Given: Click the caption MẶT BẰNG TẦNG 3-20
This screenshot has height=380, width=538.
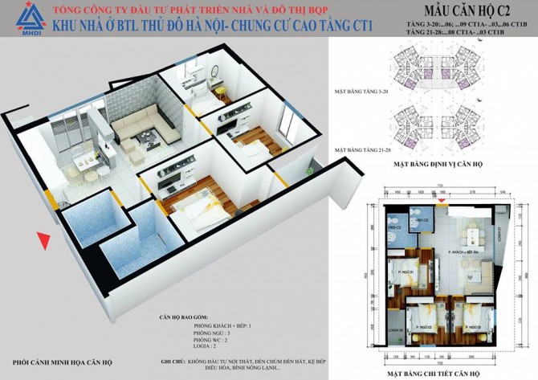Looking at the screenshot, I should (360, 93).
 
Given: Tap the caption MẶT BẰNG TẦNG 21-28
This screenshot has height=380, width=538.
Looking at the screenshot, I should (361, 149).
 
